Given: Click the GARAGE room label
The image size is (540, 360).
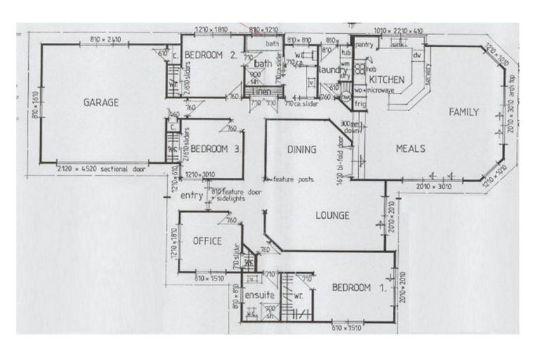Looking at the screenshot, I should (101, 103).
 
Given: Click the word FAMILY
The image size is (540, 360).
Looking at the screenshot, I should (464, 112).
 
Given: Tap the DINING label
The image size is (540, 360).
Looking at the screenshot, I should (302, 149).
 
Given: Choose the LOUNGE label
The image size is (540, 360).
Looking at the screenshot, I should (332, 216).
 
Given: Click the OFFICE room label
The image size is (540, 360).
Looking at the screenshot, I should (207, 241).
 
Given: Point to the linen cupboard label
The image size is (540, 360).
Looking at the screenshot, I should (262, 92).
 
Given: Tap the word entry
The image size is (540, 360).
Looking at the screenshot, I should (191, 196).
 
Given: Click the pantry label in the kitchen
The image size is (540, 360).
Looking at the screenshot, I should (364, 45).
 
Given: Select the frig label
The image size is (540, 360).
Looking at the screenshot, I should (360, 103).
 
